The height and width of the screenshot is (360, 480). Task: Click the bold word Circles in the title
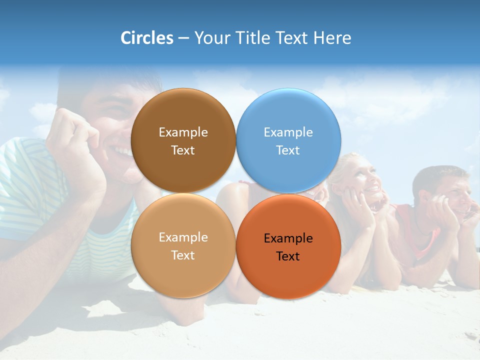[x=147, y=38]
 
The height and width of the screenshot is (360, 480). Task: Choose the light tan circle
[x=183, y=272]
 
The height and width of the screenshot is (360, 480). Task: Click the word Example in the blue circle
[x=288, y=132]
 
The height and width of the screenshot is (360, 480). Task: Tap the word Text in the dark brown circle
[x=183, y=150]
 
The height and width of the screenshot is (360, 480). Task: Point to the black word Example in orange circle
[x=288, y=238]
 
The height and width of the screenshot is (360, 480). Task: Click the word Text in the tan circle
[x=183, y=255]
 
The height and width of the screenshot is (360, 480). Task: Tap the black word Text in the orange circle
[x=288, y=256]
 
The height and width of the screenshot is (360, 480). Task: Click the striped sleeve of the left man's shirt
[x=25, y=185]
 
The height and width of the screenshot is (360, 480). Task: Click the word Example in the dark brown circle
[x=183, y=132]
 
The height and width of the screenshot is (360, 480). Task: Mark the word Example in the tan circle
[x=183, y=237]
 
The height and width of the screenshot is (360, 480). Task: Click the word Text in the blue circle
[x=288, y=150]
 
